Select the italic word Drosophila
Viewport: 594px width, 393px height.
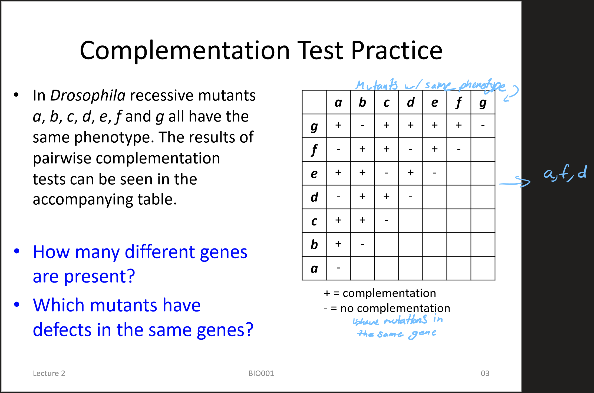88,96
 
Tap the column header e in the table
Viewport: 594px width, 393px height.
435,102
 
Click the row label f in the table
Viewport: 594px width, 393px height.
314,150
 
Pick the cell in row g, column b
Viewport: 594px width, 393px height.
362,126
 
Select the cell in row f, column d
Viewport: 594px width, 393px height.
411,150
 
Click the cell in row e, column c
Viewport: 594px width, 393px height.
387,173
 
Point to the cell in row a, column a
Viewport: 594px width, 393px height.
338,268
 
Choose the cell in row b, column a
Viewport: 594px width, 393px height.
338,244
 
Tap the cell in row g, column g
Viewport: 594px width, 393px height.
483,126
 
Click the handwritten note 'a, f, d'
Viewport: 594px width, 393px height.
565,173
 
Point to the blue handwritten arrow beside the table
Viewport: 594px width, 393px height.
515,183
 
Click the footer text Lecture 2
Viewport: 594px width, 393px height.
49,374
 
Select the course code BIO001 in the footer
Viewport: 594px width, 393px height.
261,374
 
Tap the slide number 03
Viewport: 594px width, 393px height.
485,374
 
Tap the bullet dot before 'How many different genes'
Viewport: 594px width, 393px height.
17,251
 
